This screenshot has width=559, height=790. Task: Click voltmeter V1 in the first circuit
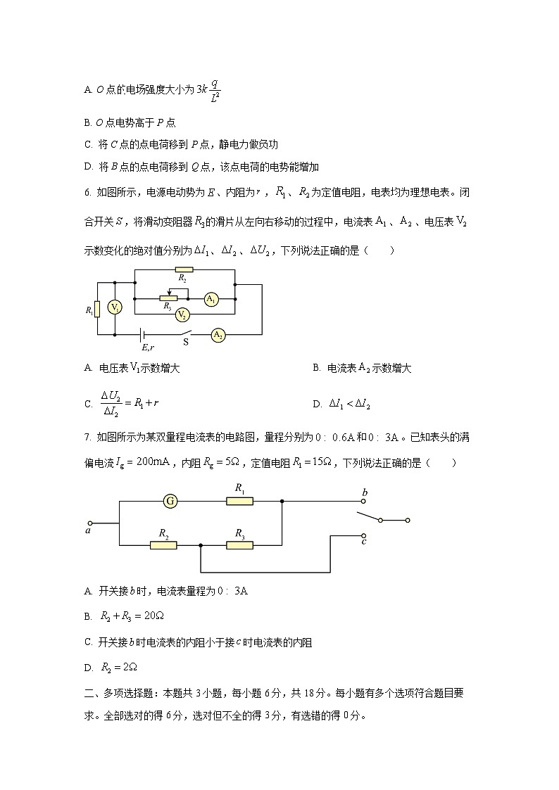[x=114, y=307]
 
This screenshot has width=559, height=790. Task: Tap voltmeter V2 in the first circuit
[x=182, y=314]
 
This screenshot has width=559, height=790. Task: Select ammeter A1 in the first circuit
[x=210, y=299]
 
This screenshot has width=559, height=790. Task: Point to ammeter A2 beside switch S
[x=218, y=336]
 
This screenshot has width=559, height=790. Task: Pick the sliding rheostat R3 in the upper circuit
[x=168, y=298]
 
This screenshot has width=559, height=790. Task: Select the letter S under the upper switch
[x=186, y=343]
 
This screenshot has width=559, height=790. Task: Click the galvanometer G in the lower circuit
[x=170, y=502]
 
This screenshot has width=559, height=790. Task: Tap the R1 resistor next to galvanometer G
[x=239, y=502]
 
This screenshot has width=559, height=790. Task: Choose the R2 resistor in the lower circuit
[x=163, y=544]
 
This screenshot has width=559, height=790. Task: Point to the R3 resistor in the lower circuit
[x=239, y=544]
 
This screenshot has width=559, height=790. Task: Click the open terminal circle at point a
[x=89, y=523]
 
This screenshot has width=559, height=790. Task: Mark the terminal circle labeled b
[x=364, y=502]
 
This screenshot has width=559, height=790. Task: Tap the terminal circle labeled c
[x=364, y=534]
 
